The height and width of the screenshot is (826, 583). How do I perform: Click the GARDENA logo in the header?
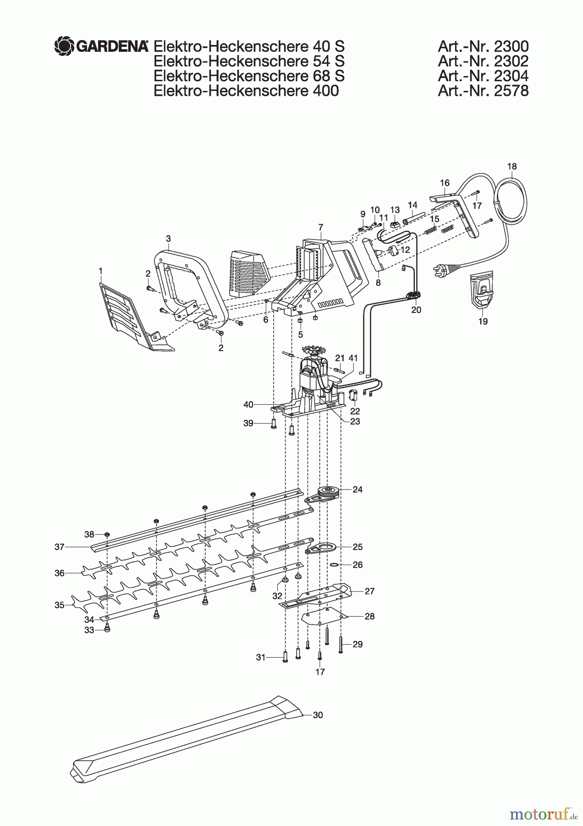(101, 46)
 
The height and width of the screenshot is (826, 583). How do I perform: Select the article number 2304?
(483, 76)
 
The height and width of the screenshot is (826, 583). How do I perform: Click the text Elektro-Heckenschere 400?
(246, 90)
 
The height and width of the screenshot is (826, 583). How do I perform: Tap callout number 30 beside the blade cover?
(318, 715)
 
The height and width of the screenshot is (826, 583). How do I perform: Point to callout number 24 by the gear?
(357, 490)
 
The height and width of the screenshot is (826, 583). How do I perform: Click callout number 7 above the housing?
(320, 227)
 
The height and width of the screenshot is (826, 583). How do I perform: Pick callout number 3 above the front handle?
(168, 239)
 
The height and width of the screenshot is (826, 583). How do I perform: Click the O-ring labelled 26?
(335, 564)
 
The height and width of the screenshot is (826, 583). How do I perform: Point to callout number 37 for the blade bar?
(60, 547)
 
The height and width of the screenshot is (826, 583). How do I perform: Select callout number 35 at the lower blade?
(60, 605)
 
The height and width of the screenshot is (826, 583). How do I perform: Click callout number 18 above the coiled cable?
(512, 167)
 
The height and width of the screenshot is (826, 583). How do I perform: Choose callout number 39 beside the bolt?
(248, 423)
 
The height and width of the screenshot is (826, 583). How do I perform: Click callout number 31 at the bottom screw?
(260, 658)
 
